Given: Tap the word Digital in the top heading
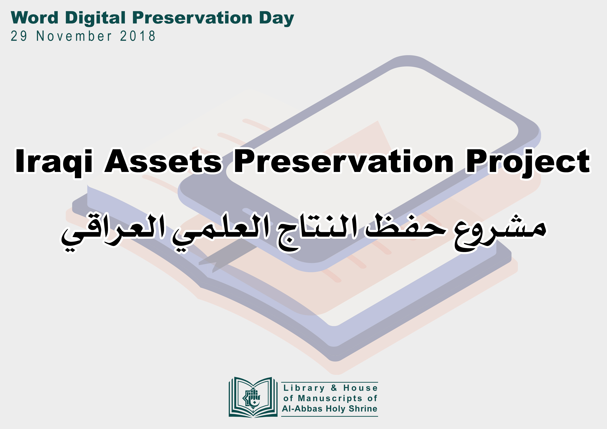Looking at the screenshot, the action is [x=95, y=18].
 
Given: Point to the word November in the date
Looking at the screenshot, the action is [x=74, y=36].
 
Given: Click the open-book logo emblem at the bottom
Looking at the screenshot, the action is [x=253, y=397].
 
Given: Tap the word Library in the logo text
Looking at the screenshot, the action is [x=304, y=388].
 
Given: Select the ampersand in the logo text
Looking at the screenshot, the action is [x=334, y=388].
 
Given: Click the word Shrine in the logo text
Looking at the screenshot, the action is [x=363, y=409].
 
